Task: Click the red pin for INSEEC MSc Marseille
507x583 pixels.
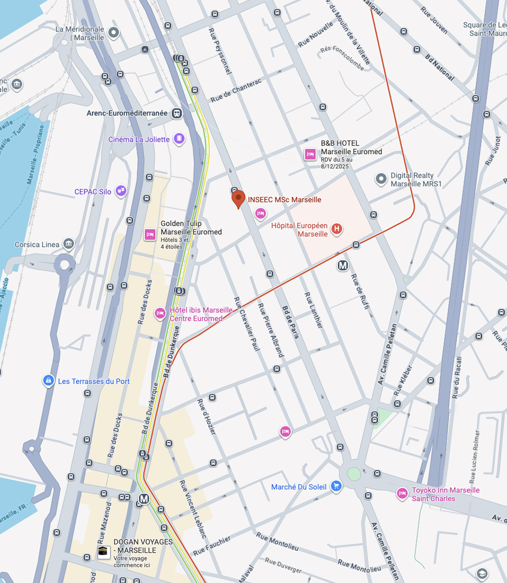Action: tap(239, 199)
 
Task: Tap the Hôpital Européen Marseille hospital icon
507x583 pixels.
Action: tap(337, 229)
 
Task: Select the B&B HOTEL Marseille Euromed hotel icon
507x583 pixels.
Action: tap(310, 154)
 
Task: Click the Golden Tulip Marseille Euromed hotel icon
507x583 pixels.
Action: tap(150, 235)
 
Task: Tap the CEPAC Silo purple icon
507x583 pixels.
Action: tap(120, 190)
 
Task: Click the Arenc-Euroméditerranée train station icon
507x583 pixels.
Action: tap(177, 114)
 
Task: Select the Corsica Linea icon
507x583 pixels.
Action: tap(69, 244)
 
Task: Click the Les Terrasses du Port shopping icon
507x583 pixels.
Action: tap(48, 381)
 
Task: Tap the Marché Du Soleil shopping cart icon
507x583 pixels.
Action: tap(336, 486)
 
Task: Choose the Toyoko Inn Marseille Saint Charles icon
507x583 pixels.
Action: tap(402, 493)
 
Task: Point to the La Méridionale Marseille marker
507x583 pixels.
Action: tap(114, 33)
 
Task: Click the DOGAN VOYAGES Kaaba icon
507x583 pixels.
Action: tap(104, 552)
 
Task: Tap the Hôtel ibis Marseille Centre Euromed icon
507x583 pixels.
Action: tap(160, 313)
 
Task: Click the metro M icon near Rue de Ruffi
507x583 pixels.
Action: tap(343, 266)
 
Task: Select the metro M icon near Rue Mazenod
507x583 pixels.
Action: tap(144, 498)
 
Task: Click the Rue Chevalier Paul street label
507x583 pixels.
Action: tap(247, 324)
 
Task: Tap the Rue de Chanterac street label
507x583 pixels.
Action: tap(236, 91)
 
